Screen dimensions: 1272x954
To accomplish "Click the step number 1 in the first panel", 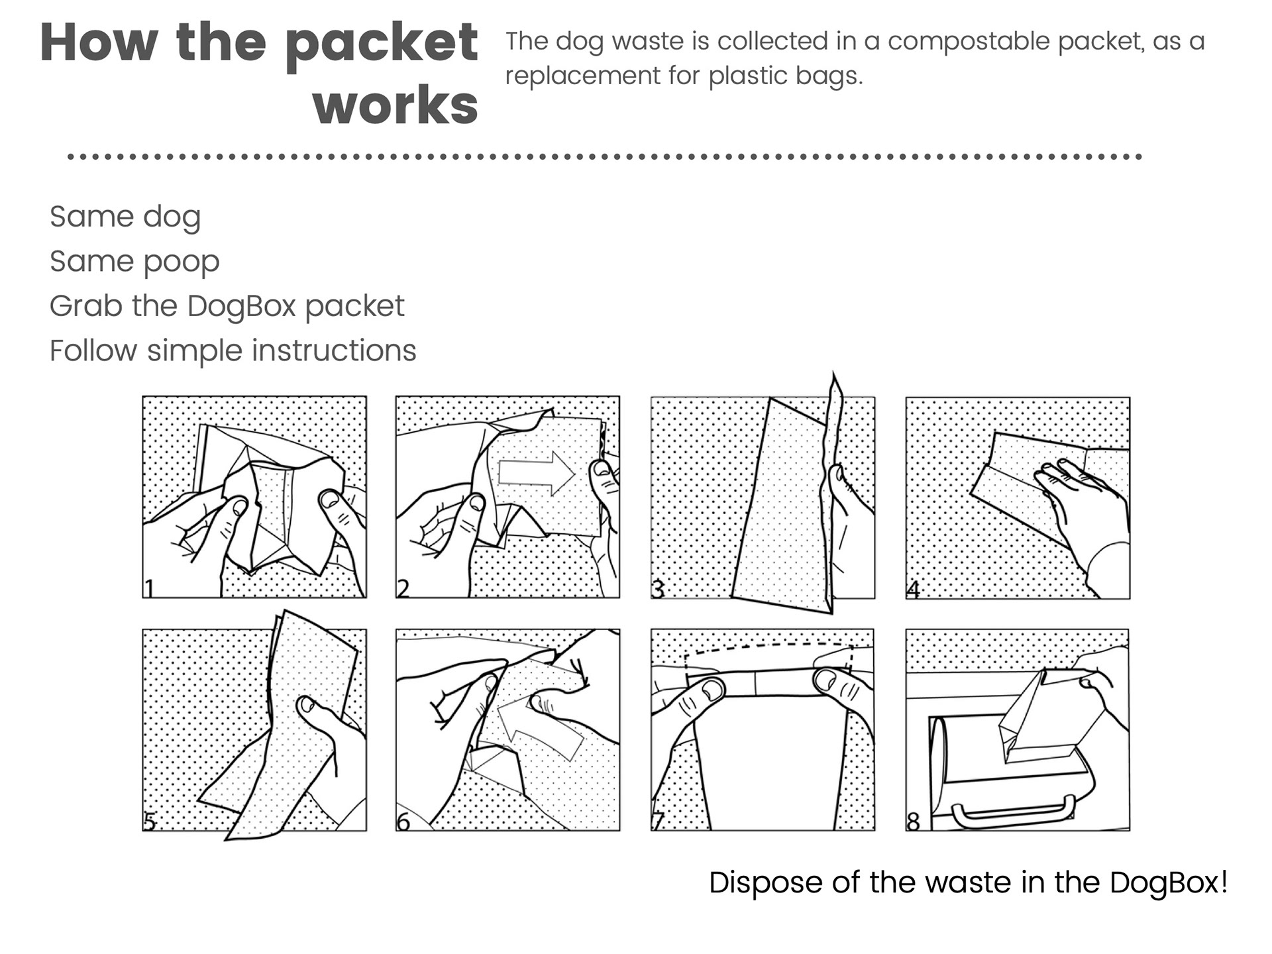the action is click(150, 588).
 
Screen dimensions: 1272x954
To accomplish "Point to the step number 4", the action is click(914, 588).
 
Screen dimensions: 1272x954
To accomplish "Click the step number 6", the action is click(403, 821).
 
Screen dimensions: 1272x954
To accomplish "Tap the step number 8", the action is click(914, 821).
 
